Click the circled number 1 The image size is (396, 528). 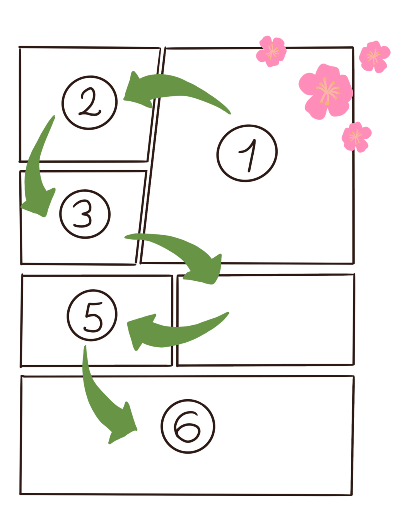247,153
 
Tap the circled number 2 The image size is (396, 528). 90,103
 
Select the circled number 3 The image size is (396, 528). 85,214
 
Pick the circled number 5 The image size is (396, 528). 92,315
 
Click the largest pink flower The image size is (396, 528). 326,90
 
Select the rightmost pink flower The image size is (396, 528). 374,56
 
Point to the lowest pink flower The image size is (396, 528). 356,136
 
